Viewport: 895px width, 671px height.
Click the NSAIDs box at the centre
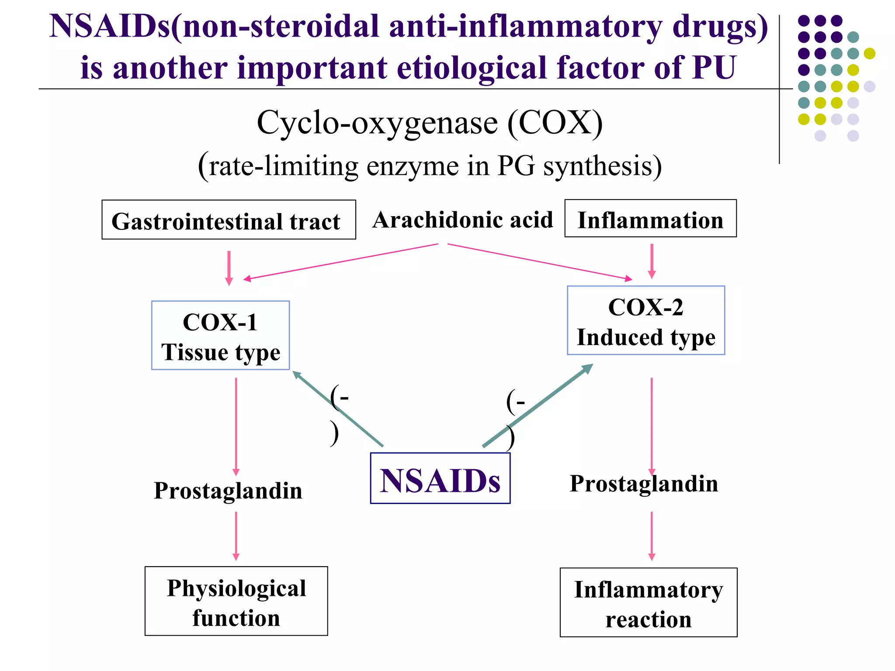click(x=440, y=478)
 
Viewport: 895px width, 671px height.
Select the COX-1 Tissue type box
click(x=220, y=335)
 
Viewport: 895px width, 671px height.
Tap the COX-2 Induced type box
click(x=645, y=321)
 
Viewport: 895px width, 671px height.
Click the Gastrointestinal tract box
click(x=229, y=220)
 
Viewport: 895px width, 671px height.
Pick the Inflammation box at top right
click(x=650, y=219)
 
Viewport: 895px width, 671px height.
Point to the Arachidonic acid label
click(x=462, y=220)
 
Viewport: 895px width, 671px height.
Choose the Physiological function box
click(x=236, y=601)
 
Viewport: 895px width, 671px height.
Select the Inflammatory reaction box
click(x=649, y=603)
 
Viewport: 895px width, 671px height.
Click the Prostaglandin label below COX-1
click(x=228, y=491)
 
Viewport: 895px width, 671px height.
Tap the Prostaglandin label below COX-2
click(x=644, y=484)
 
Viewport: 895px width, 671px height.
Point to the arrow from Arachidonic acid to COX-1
click(x=341, y=261)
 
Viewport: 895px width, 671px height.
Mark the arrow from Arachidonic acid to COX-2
click(x=540, y=261)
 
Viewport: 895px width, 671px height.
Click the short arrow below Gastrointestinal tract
click(x=229, y=267)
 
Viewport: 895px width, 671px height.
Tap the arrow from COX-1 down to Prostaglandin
click(x=236, y=426)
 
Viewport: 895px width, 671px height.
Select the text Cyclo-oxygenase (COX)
click(x=430, y=123)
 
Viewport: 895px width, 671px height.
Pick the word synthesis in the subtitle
click(x=602, y=166)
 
